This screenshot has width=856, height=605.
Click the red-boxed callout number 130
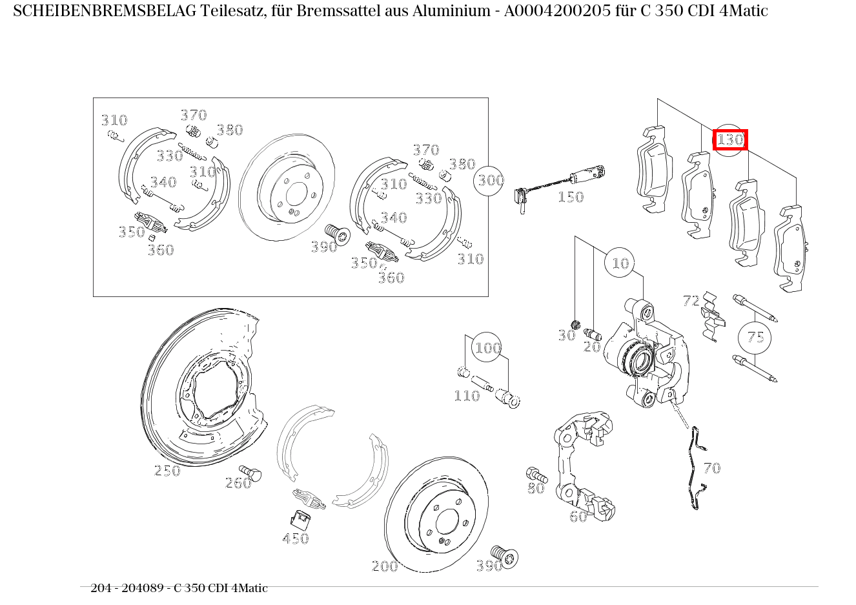730,139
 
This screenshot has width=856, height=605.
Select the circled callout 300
490,180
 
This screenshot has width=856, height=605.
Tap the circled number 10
620,263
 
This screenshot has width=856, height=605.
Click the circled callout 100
487,349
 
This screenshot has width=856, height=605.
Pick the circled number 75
755,337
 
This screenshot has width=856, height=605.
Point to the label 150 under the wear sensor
570,197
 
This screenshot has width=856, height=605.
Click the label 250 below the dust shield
167,471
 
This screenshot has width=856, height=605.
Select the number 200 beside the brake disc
385,566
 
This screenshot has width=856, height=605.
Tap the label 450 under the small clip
295,538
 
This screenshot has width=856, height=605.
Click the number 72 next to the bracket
691,300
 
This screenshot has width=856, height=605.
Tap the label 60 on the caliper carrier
578,516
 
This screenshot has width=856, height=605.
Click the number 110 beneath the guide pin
466,396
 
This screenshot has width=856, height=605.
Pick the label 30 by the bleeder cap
566,335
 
